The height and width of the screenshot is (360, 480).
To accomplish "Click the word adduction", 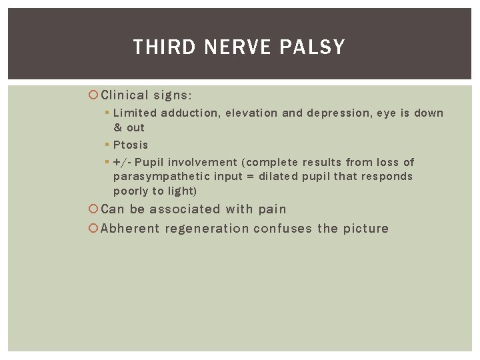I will pyautogui.click(x=189, y=113).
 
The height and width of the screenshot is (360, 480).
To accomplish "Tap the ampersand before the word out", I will pyautogui.click(x=117, y=127).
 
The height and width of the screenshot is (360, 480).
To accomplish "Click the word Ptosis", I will pyautogui.click(x=131, y=145).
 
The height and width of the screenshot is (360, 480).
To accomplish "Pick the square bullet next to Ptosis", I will pyautogui.click(x=107, y=145).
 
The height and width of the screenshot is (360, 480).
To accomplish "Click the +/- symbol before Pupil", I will pyautogui.click(x=122, y=162).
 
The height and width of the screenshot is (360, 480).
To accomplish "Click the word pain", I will pyautogui.click(x=272, y=209).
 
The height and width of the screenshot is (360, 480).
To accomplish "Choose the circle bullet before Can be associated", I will pyautogui.click(x=94, y=209).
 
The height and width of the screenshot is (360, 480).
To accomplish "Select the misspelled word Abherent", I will pyautogui.click(x=130, y=229).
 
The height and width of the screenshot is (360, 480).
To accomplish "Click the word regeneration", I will pyautogui.click(x=207, y=229).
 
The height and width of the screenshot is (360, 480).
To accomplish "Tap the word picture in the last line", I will pyautogui.click(x=365, y=229).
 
